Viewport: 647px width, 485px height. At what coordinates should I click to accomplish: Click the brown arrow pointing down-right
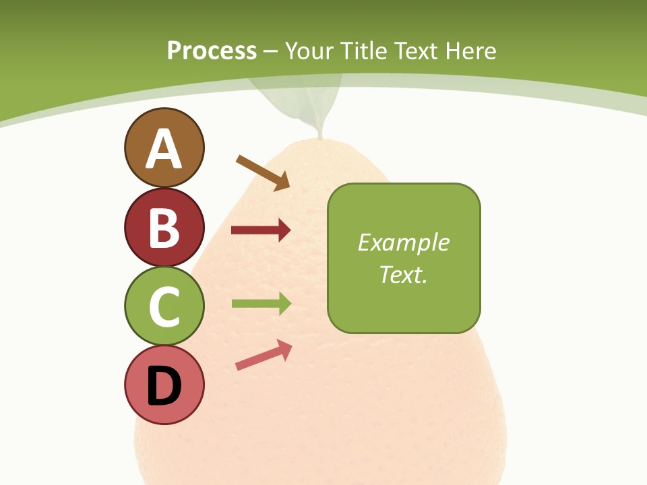coord(263,172)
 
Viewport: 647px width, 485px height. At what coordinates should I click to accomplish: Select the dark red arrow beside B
coord(261,230)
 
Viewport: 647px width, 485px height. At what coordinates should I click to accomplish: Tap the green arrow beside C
coord(261,304)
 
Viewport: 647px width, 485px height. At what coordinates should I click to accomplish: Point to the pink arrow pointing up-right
coord(264,355)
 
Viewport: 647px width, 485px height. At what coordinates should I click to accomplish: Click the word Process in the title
coord(212,51)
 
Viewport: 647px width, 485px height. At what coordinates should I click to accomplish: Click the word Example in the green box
coord(403,243)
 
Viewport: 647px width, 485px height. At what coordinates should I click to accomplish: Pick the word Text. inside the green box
coord(403,274)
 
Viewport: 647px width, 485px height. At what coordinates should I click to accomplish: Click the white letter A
coord(164,149)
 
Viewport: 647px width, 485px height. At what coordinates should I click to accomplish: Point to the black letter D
coord(164,386)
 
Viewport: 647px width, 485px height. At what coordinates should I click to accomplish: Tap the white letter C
coord(164,306)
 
